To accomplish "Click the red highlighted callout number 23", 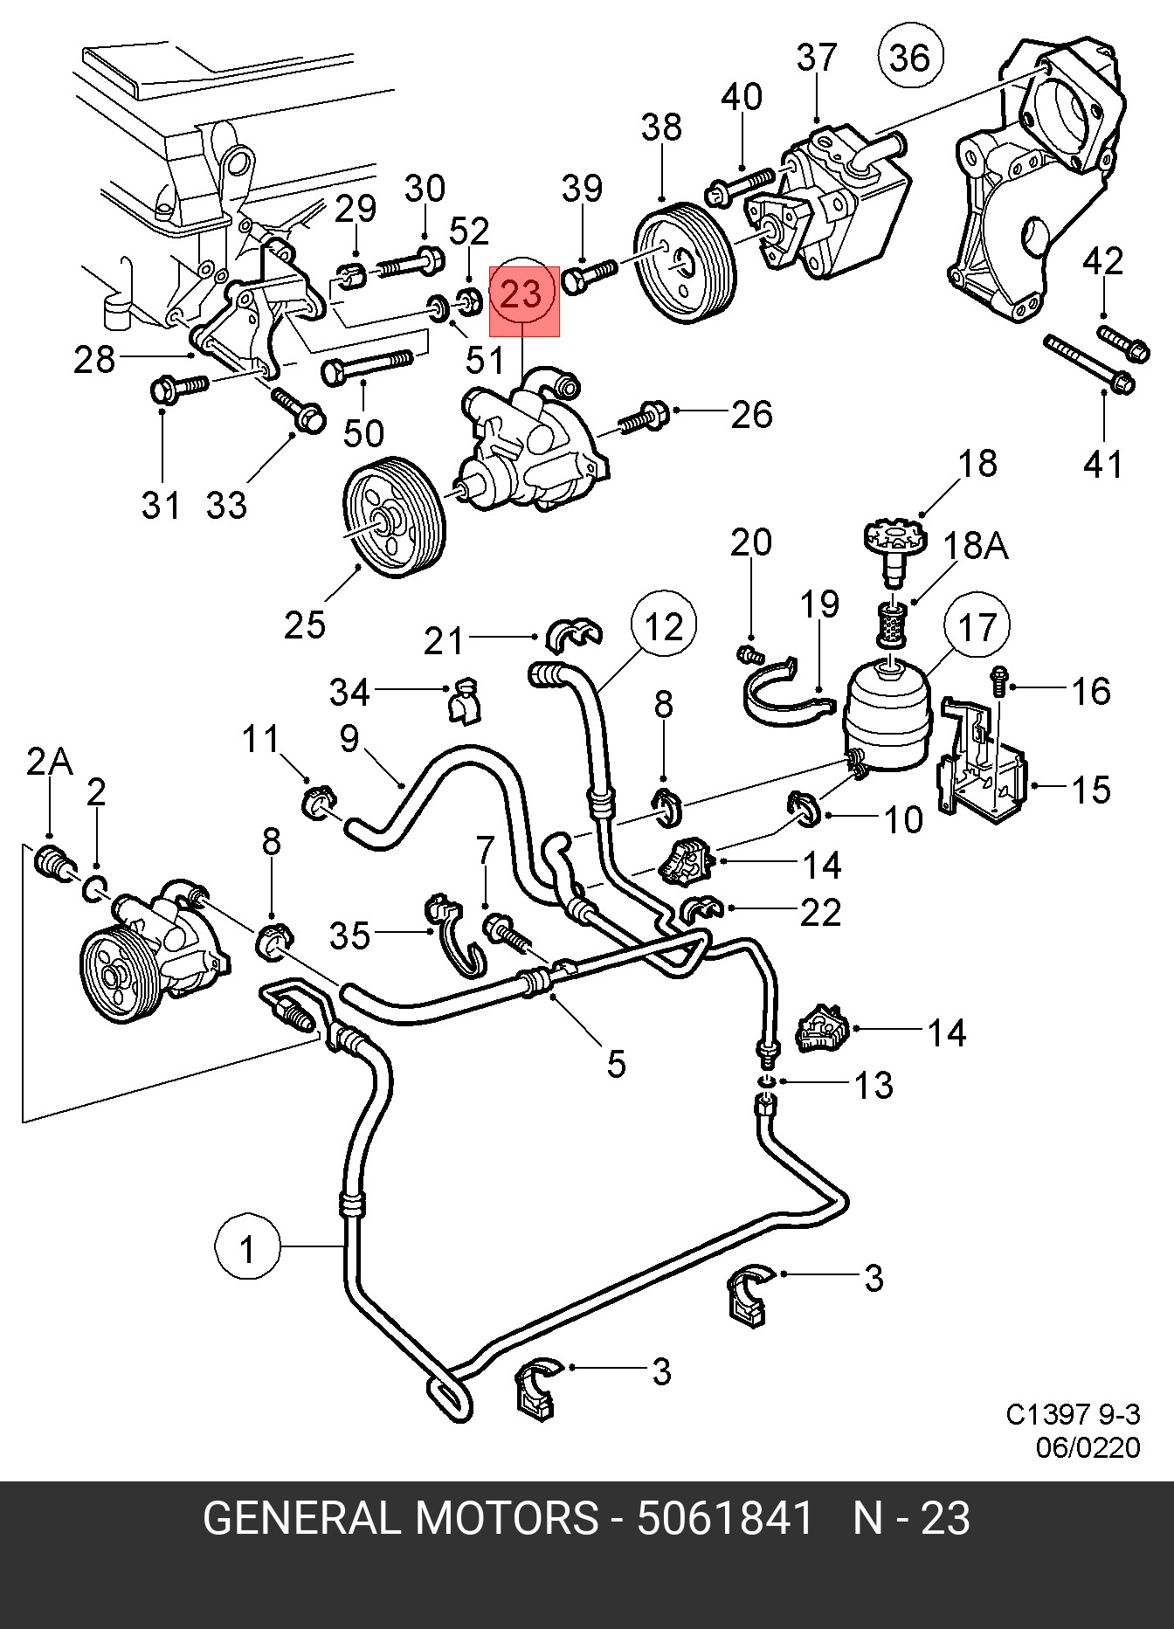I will (x=523, y=295).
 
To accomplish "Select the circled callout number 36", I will (x=910, y=58).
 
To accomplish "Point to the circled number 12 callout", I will (x=664, y=625).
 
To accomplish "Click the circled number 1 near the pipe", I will (x=248, y=1249).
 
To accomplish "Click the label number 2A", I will (x=49, y=763).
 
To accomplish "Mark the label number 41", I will (x=1102, y=463).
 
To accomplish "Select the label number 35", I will (x=349, y=935).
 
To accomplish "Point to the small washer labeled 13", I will (x=766, y=1083).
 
